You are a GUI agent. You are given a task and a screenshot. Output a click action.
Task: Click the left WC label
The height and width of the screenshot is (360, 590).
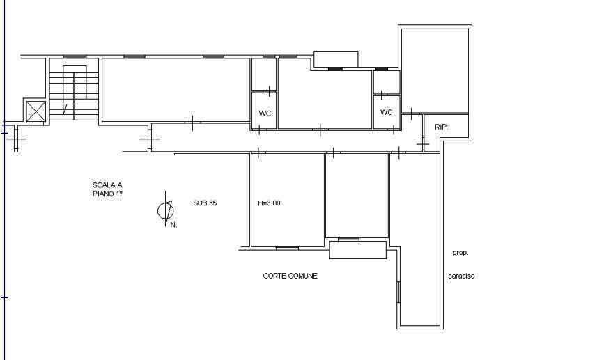(265, 114)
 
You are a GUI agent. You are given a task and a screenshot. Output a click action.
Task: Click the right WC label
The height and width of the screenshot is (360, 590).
(386, 112)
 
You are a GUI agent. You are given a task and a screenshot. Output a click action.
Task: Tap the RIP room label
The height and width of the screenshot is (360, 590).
(441, 127)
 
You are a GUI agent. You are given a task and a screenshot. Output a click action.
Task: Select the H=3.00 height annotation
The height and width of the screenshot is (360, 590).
(269, 203)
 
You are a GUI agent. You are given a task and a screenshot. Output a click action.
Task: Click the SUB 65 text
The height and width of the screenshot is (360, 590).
(205, 203)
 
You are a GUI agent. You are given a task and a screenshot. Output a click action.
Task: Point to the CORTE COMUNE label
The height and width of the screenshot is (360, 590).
(290, 276)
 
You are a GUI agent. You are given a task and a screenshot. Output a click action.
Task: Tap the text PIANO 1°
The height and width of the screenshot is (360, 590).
(107, 194)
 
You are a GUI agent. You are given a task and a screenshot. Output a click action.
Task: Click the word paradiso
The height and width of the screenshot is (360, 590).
(461, 276)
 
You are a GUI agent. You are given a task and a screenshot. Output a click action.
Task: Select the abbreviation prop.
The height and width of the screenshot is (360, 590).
(460, 253)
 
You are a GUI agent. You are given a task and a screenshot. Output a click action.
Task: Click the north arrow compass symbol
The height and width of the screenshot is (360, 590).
(166, 210)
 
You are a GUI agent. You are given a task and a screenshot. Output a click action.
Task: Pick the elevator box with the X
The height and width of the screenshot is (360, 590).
(36, 111)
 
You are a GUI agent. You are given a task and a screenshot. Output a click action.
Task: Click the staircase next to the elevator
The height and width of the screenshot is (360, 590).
(74, 93)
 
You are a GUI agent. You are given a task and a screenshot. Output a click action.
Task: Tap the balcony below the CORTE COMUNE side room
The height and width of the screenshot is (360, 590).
(358, 250)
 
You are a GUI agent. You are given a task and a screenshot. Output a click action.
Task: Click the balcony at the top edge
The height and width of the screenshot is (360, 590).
(336, 59)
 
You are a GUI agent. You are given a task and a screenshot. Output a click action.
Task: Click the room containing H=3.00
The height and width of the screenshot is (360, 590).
(288, 200)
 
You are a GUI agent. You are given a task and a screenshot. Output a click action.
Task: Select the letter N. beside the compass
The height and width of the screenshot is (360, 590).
(173, 225)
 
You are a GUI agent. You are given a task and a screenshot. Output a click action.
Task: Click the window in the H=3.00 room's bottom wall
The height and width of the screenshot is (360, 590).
(287, 249)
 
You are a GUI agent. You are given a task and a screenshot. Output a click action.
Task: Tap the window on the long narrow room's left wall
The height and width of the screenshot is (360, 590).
(398, 292)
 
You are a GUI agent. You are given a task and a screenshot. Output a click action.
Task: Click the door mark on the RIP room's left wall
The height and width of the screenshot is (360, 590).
(423, 144)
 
